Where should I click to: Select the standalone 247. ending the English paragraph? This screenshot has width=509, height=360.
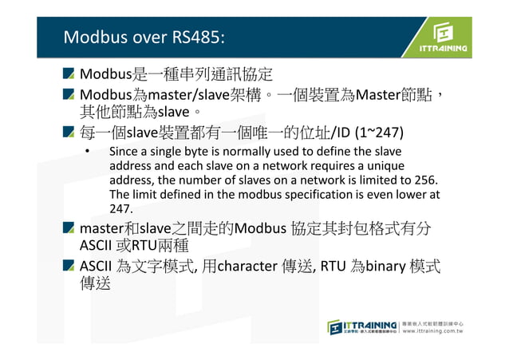(120, 208)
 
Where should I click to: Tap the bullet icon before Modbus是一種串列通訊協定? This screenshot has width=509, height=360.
(69, 76)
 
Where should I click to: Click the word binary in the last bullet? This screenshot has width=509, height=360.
(392, 266)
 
